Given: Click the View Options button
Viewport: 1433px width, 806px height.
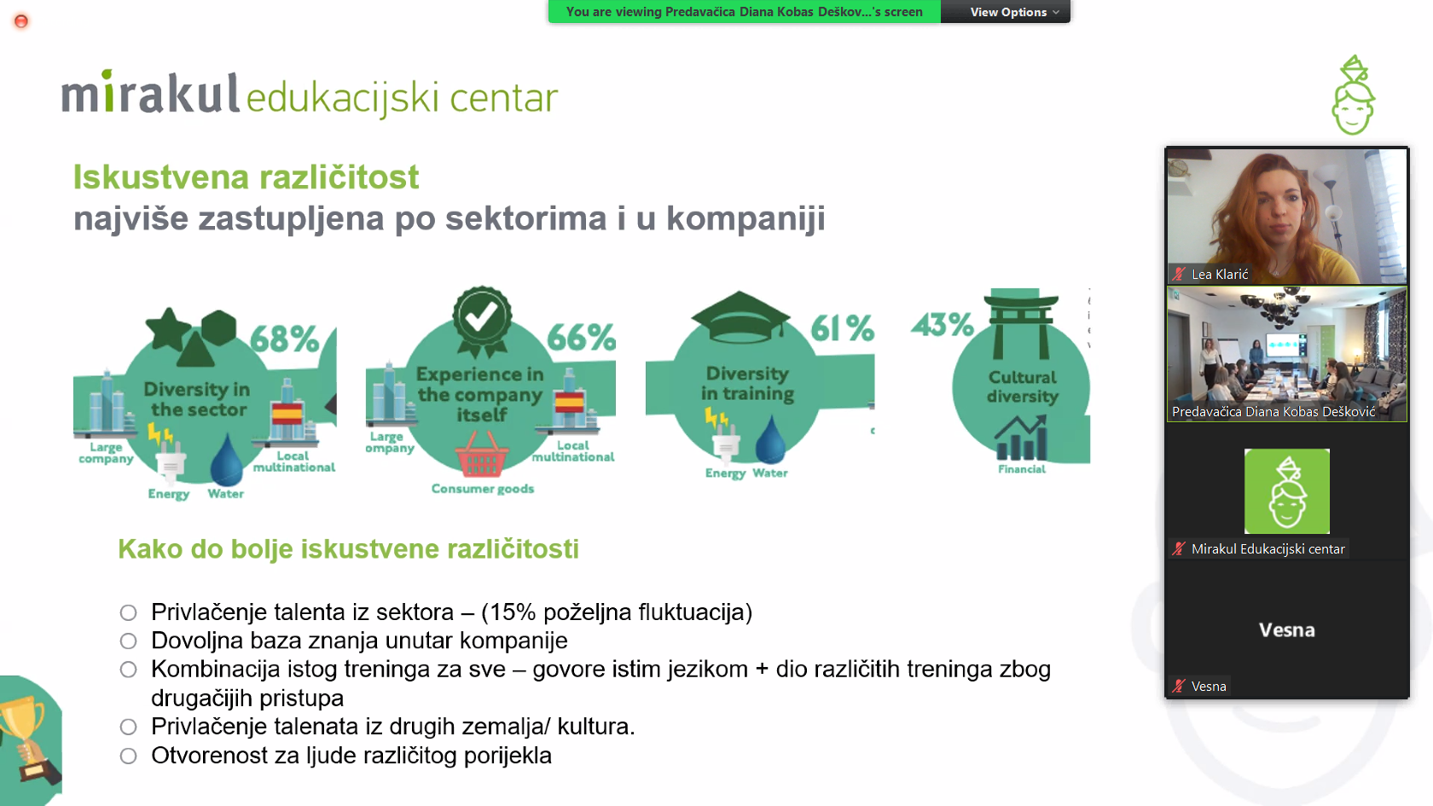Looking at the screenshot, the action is [1014, 12].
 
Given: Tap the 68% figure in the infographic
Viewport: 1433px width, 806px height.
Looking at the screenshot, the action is [284, 339].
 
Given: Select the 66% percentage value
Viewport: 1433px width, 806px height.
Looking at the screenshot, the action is [581, 337].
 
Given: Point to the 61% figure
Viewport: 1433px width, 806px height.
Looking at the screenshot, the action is [842, 328].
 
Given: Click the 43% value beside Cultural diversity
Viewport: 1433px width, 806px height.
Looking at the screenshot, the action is [943, 324].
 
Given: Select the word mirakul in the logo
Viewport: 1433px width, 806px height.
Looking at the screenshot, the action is [150, 94].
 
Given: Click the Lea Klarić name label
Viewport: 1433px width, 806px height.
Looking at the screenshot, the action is [1220, 275].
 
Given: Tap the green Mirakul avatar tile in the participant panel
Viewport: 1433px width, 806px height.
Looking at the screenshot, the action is [1286, 491].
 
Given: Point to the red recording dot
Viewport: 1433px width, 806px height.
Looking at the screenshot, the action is [21, 22].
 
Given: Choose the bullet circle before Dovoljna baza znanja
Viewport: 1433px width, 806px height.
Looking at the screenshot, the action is [128, 641].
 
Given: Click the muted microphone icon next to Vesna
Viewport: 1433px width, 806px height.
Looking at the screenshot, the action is [1179, 687].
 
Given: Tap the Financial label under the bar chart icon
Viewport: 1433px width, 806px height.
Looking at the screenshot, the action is [1022, 469].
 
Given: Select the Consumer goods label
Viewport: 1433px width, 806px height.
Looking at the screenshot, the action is [483, 489].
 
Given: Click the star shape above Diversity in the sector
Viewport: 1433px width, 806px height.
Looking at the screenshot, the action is [168, 329].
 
